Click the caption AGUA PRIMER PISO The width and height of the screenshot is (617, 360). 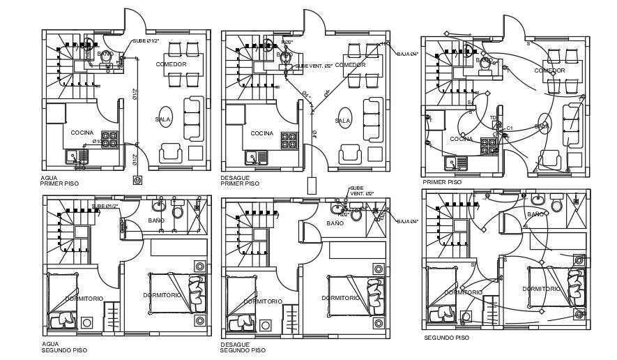[x=59, y=181]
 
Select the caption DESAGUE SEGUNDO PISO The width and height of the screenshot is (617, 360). [x=243, y=347]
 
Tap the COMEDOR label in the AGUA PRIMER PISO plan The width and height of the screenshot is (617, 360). [x=171, y=64]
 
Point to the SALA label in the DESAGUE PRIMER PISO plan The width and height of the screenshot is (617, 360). [x=342, y=120]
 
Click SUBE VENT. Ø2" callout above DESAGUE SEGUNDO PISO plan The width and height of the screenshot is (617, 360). [x=361, y=190]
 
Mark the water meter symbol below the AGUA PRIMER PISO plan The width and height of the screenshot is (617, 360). [x=137, y=180]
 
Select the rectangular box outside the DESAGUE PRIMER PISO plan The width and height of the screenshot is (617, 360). [x=312, y=186]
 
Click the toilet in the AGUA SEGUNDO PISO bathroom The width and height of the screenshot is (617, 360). [x=177, y=211]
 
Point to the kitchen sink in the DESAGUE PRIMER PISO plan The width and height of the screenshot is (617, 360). [x=252, y=156]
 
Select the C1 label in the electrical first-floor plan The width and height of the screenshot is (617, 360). [x=510, y=128]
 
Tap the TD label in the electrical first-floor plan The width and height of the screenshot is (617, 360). [x=493, y=118]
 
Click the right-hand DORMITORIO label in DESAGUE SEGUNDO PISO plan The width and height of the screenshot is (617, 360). [x=341, y=298]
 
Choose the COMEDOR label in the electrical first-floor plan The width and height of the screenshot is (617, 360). [x=549, y=70]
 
